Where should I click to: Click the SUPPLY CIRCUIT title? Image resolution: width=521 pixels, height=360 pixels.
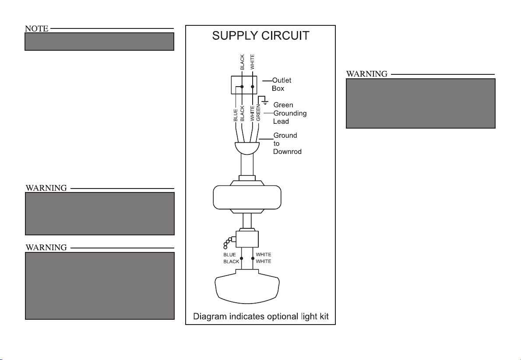(260, 36)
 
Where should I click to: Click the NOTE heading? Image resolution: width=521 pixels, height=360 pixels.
(36, 29)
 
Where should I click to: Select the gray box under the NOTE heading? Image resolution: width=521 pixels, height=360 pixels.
(99, 42)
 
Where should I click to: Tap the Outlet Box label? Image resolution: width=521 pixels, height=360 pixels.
(281, 84)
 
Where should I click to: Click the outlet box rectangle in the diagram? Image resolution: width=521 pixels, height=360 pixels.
(244, 85)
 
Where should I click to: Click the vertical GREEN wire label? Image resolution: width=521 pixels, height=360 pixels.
(258, 113)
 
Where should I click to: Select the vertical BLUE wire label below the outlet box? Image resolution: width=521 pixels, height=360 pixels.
(235, 115)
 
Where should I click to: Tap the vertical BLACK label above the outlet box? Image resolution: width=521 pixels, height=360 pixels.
(242, 62)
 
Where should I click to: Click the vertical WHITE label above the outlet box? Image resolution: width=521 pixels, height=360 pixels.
(252, 62)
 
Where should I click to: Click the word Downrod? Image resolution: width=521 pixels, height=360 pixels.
(287, 152)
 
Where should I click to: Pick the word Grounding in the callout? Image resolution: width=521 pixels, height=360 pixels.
(290, 113)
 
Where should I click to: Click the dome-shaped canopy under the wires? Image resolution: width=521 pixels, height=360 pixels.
(247, 148)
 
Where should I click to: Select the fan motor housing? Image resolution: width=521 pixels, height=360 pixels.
(247, 197)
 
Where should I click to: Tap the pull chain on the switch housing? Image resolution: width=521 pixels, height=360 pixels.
(229, 242)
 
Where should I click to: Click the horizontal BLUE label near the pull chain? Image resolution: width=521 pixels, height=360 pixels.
(229, 255)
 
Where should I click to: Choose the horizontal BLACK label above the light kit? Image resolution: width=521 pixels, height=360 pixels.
(231, 262)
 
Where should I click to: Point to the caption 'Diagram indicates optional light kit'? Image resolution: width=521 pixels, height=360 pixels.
(261, 317)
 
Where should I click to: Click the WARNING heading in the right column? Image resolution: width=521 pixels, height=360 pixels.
(367, 74)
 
